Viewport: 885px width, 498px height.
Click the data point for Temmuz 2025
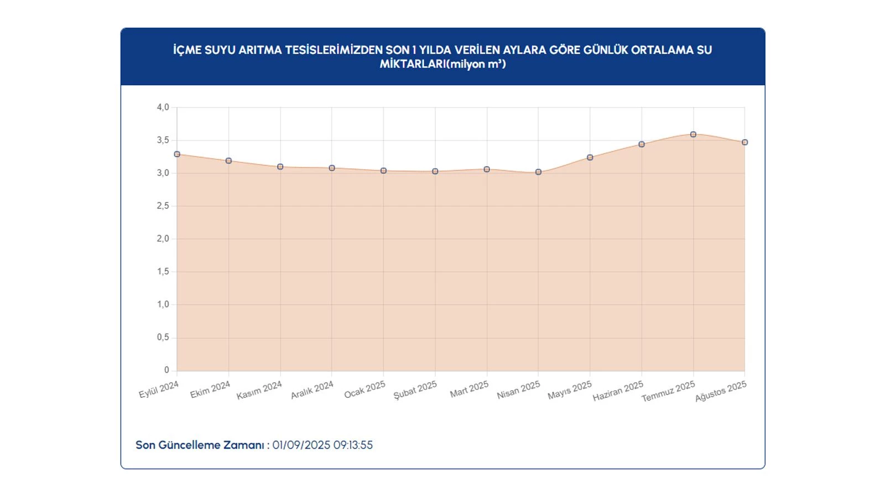click(693, 134)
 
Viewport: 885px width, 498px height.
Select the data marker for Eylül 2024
click(177, 154)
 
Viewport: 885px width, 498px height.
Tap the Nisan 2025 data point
click(538, 172)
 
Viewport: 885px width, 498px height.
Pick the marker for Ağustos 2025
click(745, 142)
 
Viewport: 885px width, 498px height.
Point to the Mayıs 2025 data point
click(590, 158)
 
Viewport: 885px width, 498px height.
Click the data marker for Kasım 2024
click(280, 167)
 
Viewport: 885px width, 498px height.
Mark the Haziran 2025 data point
click(642, 144)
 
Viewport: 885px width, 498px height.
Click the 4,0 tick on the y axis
click(163, 107)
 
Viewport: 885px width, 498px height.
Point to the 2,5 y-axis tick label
click(163, 206)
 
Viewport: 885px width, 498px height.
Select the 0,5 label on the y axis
click(163, 337)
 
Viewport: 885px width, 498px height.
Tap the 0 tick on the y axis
click(166, 370)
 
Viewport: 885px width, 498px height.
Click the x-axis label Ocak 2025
click(365, 390)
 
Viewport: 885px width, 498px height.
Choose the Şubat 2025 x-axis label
click(415, 390)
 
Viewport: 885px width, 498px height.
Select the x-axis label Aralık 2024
click(312, 390)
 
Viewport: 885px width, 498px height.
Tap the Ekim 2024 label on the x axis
click(210, 390)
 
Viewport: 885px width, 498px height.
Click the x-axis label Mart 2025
click(469, 389)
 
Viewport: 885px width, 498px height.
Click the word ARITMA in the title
click(260, 50)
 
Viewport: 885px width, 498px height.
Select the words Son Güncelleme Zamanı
click(200, 445)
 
